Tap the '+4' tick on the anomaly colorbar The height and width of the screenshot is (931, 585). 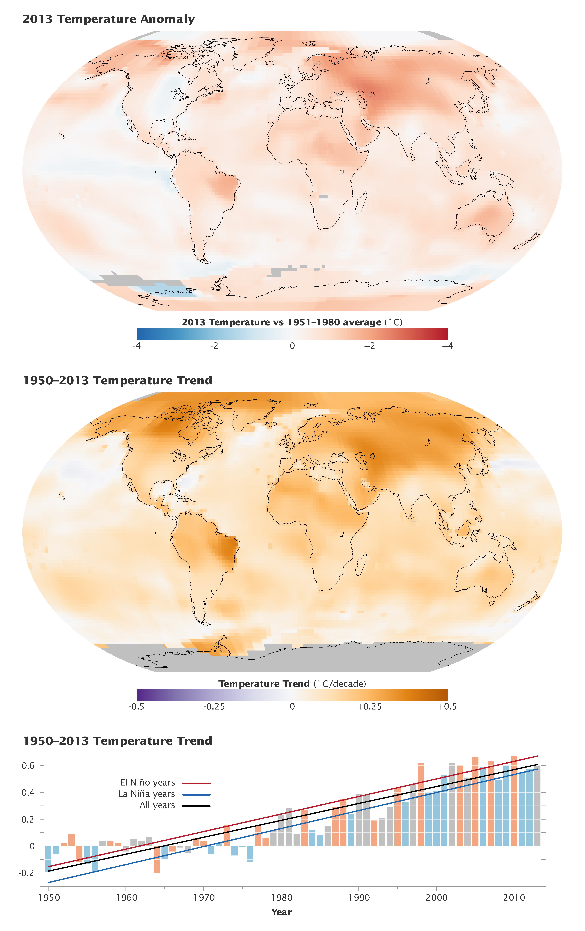447,346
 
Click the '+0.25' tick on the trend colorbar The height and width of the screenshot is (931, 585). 369,706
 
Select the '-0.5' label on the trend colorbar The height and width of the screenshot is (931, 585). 137,706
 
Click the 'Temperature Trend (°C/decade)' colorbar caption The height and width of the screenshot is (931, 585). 292,684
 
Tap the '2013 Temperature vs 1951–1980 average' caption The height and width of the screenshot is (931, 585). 281,322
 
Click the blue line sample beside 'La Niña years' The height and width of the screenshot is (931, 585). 196,795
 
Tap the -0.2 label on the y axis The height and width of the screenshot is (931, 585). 26,873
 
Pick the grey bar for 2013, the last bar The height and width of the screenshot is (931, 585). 537,806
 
